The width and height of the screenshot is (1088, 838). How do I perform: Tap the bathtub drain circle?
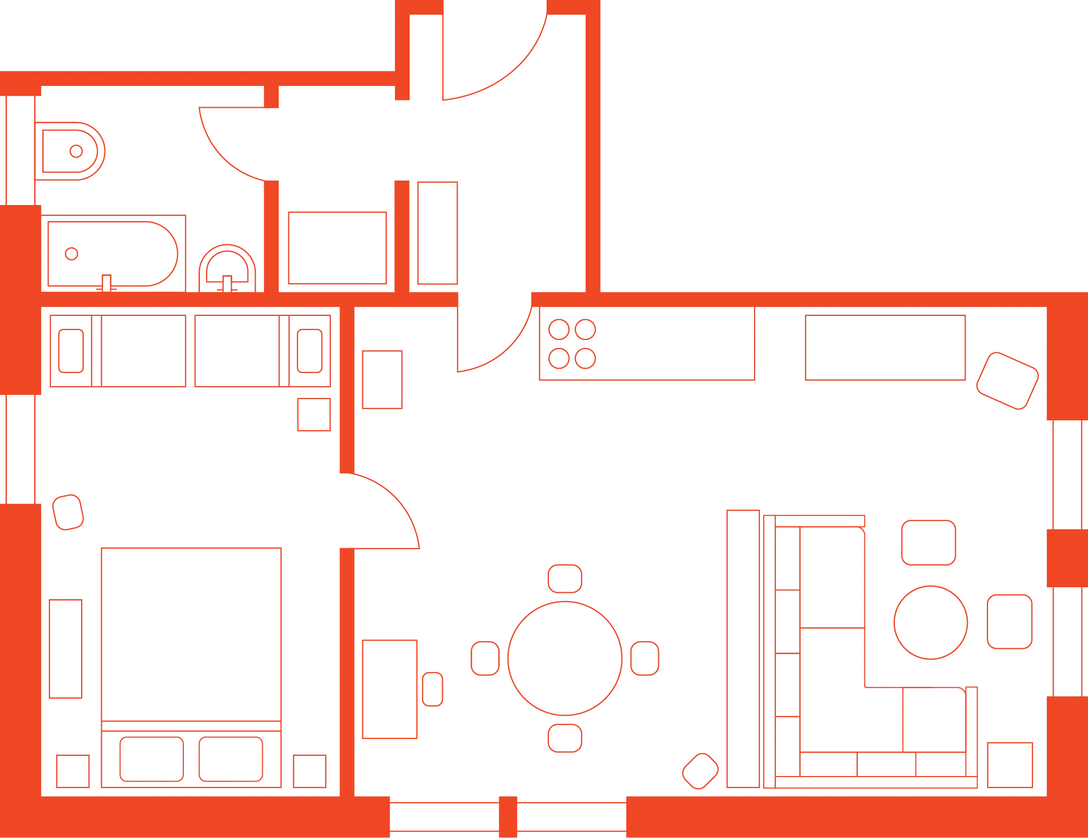(x=71, y=253)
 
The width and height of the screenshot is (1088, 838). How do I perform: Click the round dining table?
(x=565, y=658)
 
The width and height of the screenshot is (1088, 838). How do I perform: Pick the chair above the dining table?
(x=565, y=578)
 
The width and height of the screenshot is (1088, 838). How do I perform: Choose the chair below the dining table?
(x=565, y=738)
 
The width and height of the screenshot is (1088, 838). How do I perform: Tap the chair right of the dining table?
(x=645, y=659)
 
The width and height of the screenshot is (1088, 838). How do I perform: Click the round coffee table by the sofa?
(x=931, y=622)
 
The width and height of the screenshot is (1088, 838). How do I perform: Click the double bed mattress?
(x=191, y=634)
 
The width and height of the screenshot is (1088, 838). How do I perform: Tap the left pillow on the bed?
(x=152, y=759)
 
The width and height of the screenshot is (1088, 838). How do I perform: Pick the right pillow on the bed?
(x=231, y=759)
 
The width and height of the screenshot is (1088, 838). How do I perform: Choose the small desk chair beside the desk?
(x=432, y=689)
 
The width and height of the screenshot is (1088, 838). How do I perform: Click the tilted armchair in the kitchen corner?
(x=1007, y=380)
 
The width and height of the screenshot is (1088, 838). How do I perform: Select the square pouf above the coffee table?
(x=929, y=542)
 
